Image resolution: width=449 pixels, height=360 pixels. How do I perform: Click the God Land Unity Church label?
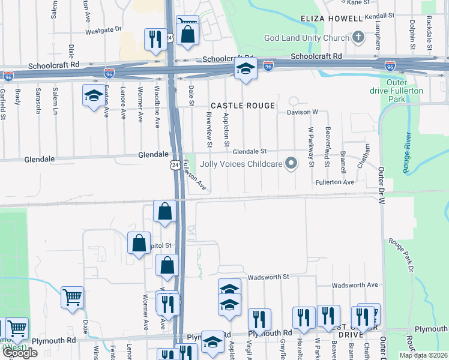(307, 38)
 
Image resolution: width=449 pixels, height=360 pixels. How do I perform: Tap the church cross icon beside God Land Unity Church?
(358, 38)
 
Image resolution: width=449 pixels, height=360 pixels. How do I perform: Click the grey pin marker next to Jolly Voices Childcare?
(291, 163)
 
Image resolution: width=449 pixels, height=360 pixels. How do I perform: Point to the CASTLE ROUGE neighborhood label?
(243, 106)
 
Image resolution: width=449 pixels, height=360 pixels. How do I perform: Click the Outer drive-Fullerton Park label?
(405, 90)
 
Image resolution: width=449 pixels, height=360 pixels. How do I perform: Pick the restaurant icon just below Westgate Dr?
(155, 39)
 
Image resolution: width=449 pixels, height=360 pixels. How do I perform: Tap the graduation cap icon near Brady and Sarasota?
(93, 95)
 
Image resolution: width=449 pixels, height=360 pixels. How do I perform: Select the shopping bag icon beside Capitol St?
(139, 243)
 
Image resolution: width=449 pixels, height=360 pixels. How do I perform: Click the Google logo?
(19, 353)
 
